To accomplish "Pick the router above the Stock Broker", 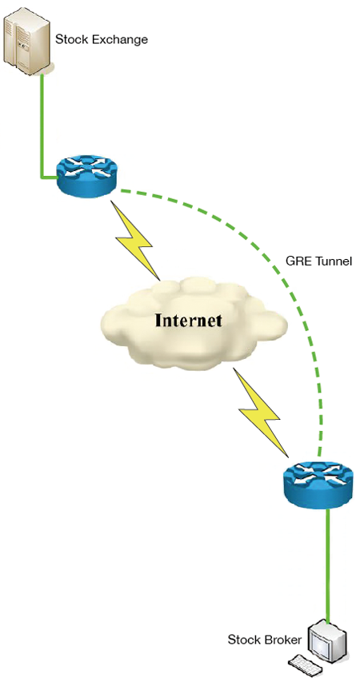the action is pyautogui.click(x=316, y=483).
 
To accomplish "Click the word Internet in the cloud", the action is pyautogui.click(x=189, y=320).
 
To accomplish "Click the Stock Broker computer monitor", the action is pyautogui.click(x=326, y=640).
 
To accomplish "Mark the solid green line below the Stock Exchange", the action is pyautogui.click(x=42, y=126).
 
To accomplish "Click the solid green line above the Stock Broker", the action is pyautogui.click(x=327, y=563).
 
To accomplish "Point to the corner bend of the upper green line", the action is pyautogui.click(x=42, y=176).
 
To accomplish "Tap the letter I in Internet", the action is pyautogui.click(x=159, y=320).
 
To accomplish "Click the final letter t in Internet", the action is pyautogui.click(x=218, y=321).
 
